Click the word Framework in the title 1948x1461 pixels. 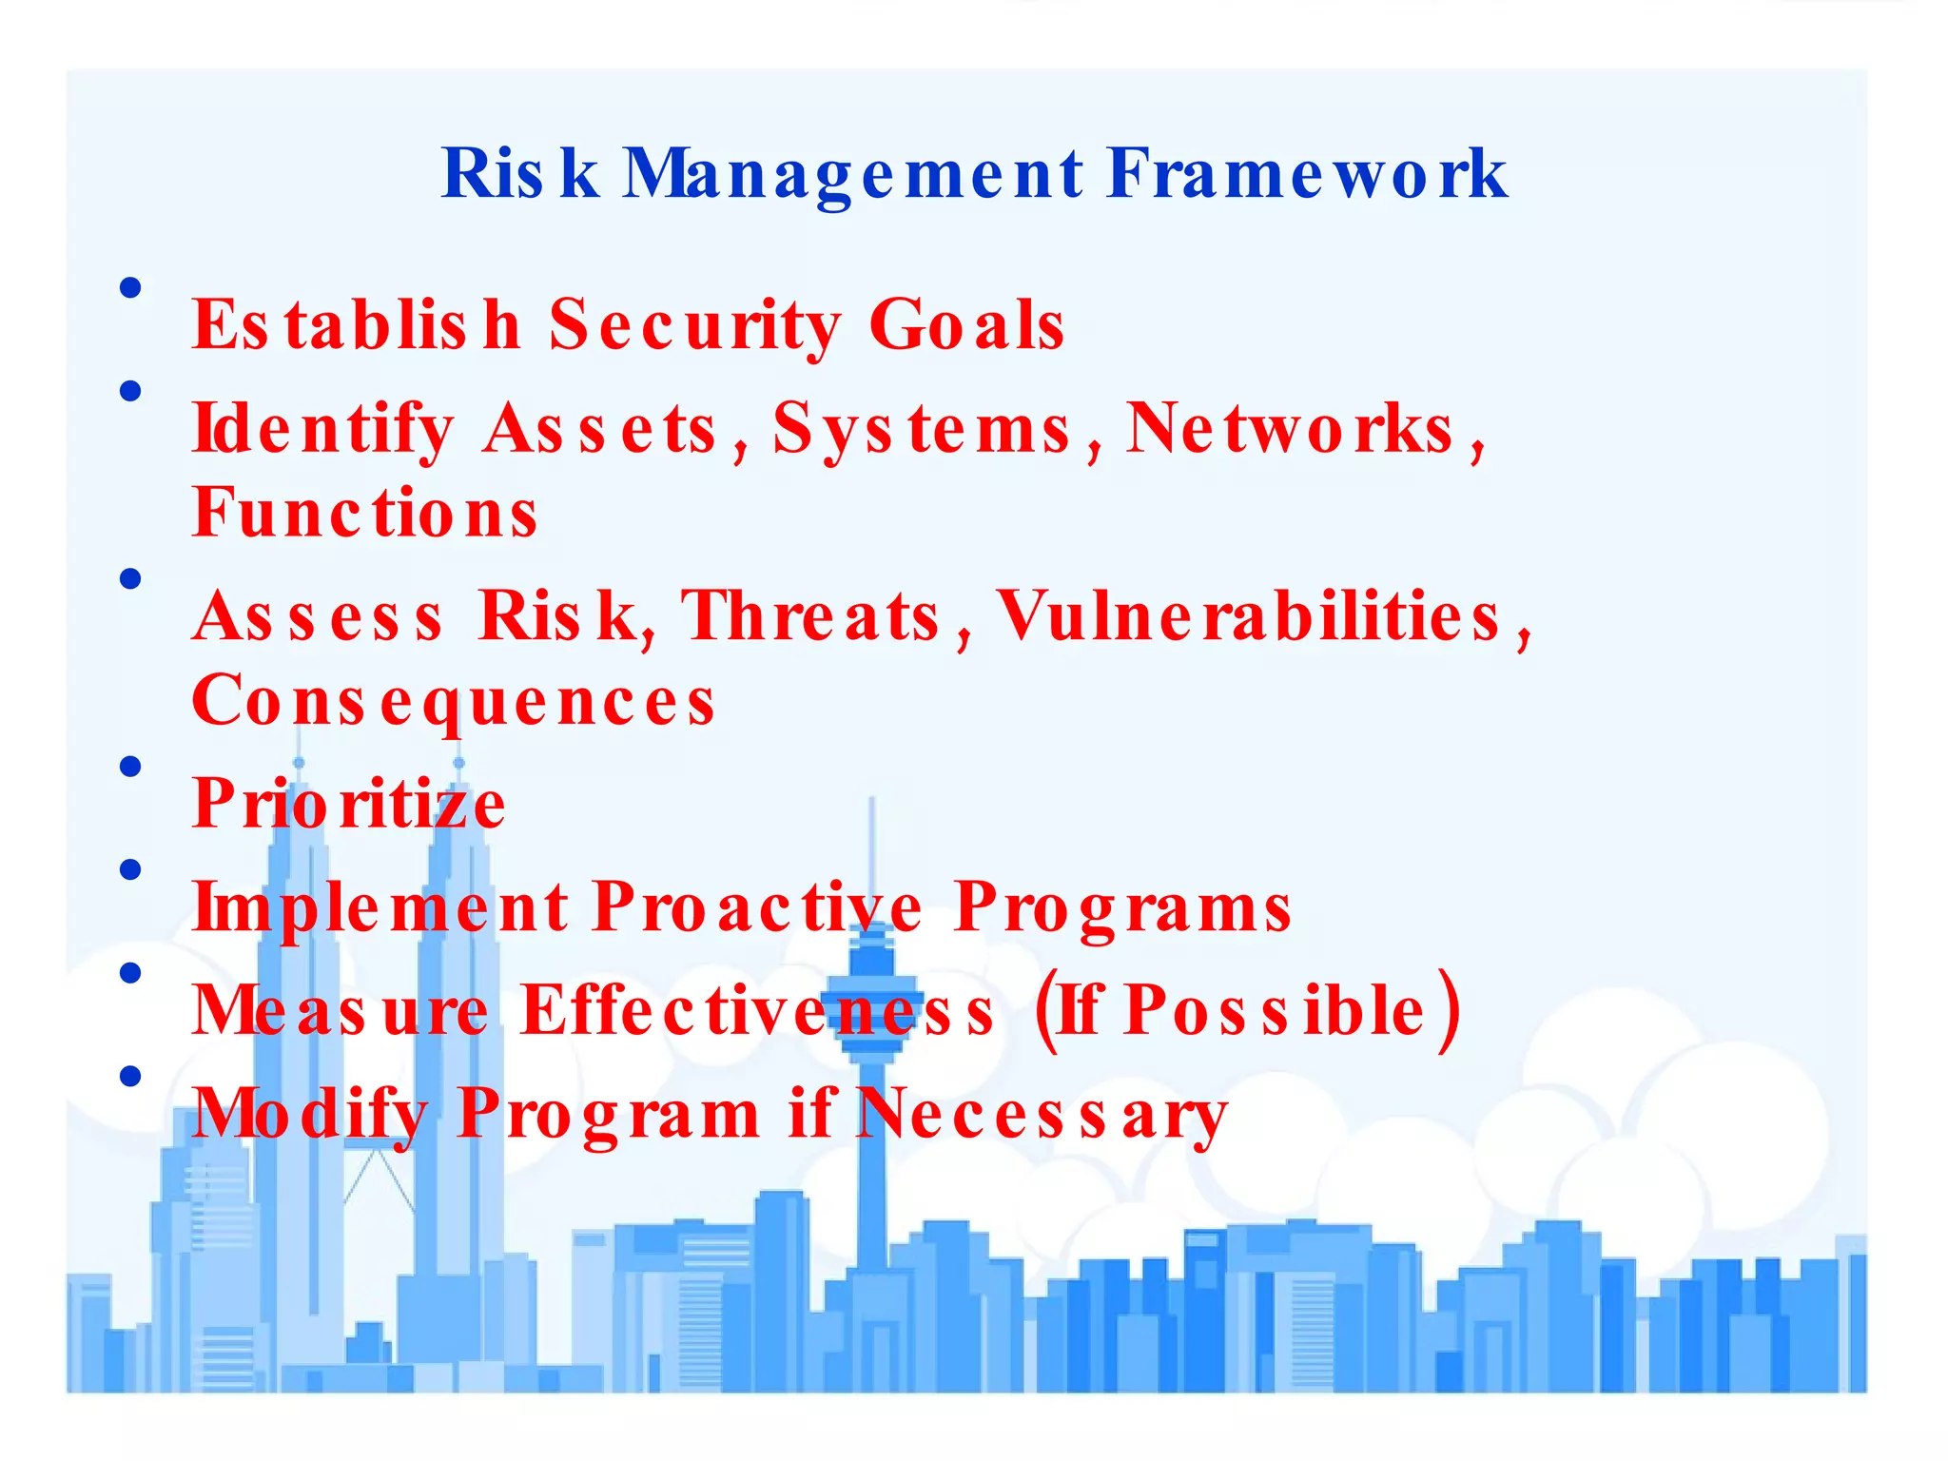pos(1307,174)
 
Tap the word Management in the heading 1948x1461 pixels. pos(853,174)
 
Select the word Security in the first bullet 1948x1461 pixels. pos(695,325)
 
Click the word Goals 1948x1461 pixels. pos(966,325)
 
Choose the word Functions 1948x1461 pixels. pos(365,513)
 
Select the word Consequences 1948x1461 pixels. pos(454,701)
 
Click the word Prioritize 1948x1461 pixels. pos(349,804)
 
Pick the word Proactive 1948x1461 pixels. pos(757,906)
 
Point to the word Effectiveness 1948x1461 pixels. pos(758,1010)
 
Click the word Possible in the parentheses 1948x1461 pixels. pos(1275,1010)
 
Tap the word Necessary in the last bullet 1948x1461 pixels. pos(1042,1114)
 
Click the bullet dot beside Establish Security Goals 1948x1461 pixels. pos(131,287)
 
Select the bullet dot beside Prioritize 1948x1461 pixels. pos(131,767)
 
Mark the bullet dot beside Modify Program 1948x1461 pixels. pos(131,1076)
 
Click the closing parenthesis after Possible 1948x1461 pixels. pos(1449,1010)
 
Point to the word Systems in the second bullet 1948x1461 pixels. pos(922,429)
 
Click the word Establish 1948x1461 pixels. pos(357,325)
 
